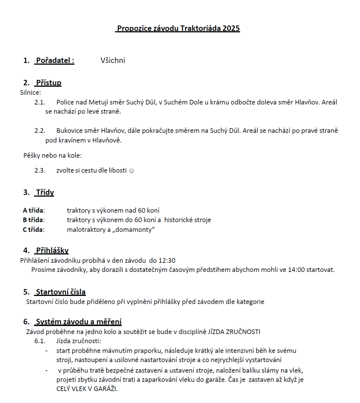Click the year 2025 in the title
(231, 28)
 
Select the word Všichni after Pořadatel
(113, 60)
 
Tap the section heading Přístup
(48, 83)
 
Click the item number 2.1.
(40, 102)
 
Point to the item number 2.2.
(40, 131)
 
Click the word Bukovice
(70, 131)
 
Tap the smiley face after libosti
(131, 171)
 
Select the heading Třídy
(45, 192)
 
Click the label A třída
(33, 211)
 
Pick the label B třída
(33, 220)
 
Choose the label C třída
(33, 230)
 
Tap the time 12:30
(167, 260)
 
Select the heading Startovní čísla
(61, 292)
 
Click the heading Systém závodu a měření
(78, 322)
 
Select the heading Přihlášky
(52, 250)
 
